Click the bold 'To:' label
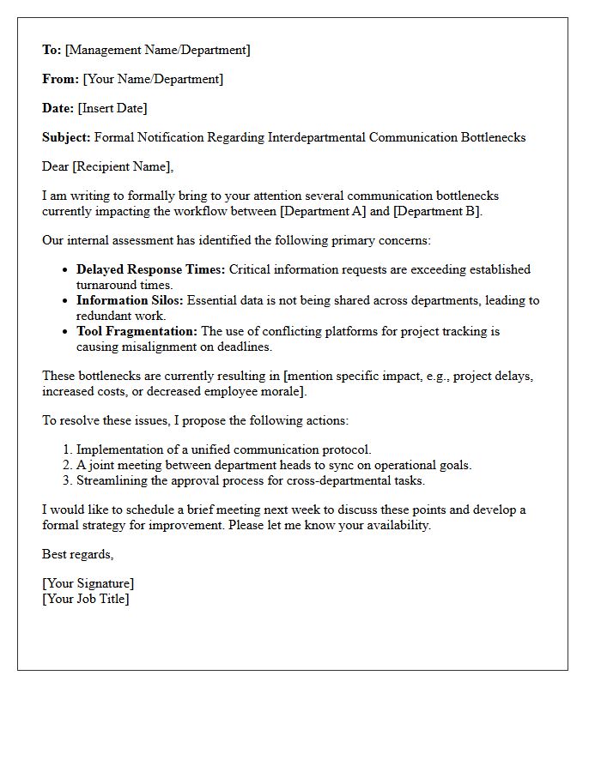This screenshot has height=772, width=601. (52, 50)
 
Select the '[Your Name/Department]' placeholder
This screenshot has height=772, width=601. (153, 79)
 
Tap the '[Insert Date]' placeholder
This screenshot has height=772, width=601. (112, 108)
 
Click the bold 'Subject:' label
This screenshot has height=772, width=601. (66, 137)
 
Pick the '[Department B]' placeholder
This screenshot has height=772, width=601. (437, 211)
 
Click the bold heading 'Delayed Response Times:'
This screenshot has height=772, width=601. (151, 269)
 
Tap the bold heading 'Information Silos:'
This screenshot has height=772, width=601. (130, 300)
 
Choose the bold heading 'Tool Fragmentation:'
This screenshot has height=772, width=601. (137, 331)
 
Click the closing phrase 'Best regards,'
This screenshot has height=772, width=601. (78, 554)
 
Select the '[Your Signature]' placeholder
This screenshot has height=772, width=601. (88, 583)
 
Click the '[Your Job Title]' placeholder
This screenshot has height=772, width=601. (86, 599)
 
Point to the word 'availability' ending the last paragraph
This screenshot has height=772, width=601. (394, 525)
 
